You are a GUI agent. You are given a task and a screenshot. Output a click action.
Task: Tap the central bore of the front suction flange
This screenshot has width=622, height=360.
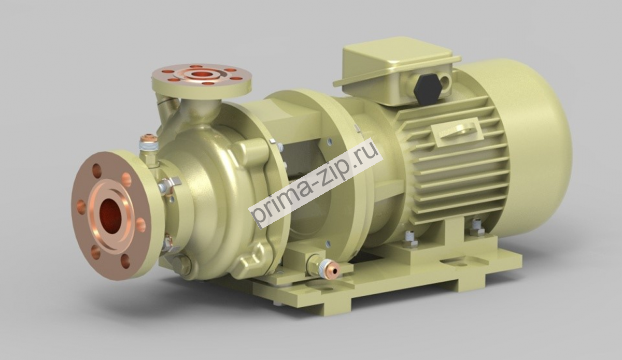pos(110,215)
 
